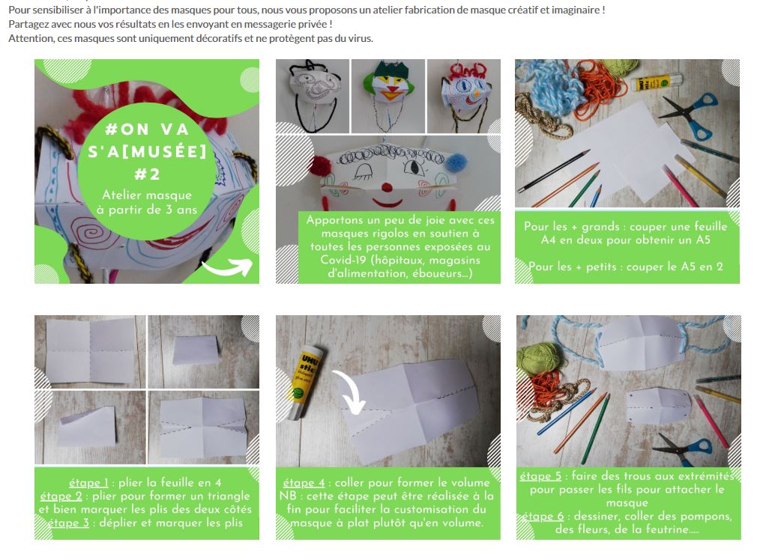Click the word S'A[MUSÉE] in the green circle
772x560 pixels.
click(147, 151)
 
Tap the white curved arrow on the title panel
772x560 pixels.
click(229, 267)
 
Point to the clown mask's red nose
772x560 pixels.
click(388, 187)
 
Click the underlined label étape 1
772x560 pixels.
click(88, 483)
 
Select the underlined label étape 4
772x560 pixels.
click(304, 483)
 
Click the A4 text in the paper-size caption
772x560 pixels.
click(548, 240)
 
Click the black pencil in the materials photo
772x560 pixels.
click(554, 171)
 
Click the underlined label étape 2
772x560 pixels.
click(61, 496)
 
